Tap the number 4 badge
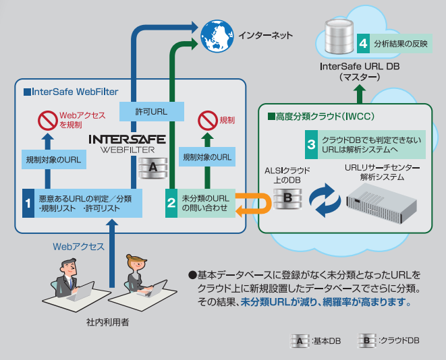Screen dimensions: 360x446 point(363,42)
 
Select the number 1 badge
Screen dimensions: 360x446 point(28,202)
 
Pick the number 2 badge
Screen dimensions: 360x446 point(173,202)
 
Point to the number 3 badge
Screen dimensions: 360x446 point(311,144)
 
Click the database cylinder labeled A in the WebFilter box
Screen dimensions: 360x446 point(152,167)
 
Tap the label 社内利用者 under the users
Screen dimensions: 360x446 point(108,322)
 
